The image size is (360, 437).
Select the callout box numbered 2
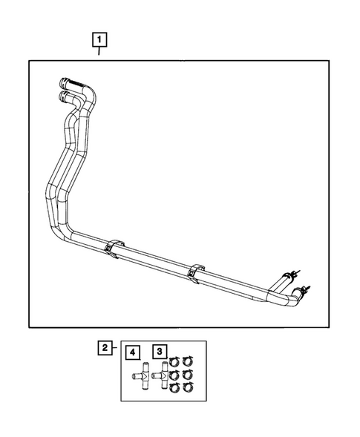pyautogui.click(x=106, y=347)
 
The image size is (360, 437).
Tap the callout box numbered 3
pyautogui.click(x=160, y=352)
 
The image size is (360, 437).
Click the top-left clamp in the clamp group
pyautogui.click(x=174, y=362)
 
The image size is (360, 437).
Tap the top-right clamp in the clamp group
pyautogui.click(x=189, y=362)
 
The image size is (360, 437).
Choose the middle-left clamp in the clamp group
pyautogui.click(x=174, y=375)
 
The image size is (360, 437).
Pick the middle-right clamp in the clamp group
pyautogui.click(x=189, y=375)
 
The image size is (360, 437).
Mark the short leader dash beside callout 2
pyautogui.click(x=116, y=347)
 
